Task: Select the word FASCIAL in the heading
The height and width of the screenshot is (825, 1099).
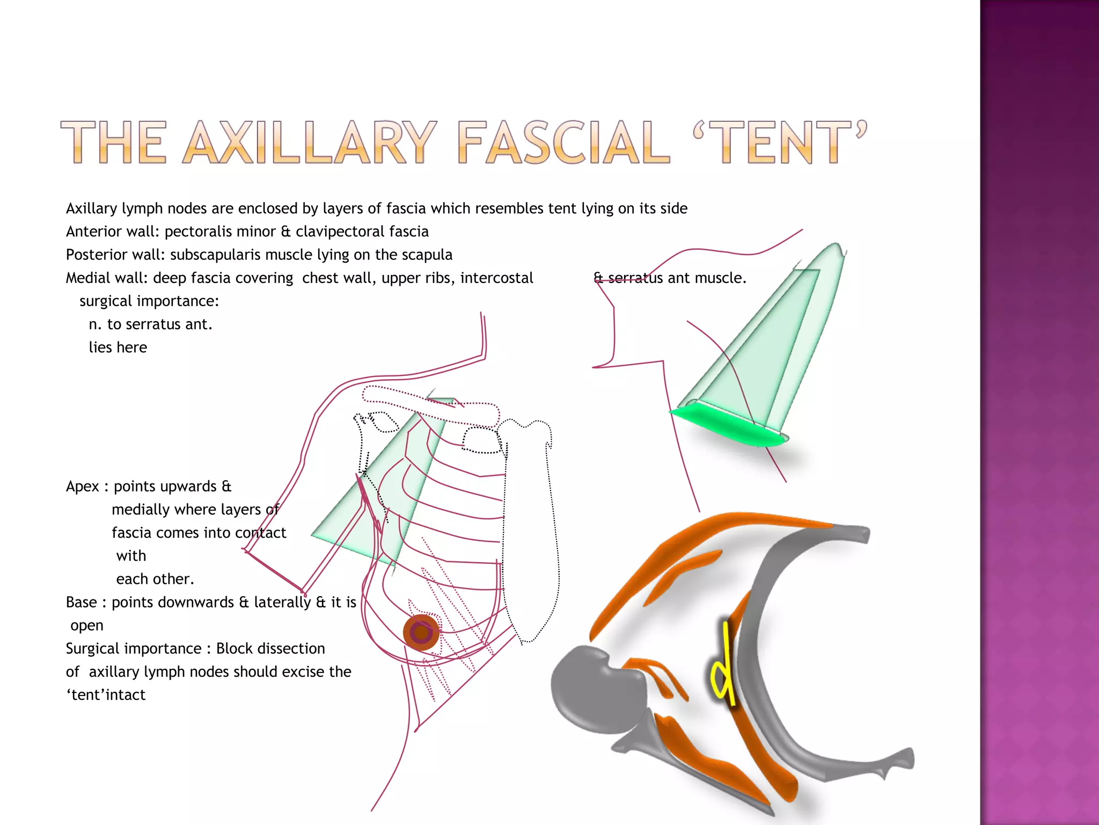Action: pyautogui.click(x=563, y=142)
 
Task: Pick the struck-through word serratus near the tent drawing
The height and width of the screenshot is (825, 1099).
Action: pyautogui.click(x=635, y=278)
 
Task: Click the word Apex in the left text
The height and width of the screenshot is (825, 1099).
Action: pyautogui.click(x=82, y=487)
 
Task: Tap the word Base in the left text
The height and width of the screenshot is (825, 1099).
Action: pyautogui.click(x=82, y=603)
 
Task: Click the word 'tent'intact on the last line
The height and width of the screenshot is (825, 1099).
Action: pyautogui.click(x=106, y=695)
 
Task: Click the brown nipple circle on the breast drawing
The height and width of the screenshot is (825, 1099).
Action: pyautogui.click(x=421, y=632)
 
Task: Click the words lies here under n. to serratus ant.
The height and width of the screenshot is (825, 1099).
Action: pyautogui.click(x=118, y=348)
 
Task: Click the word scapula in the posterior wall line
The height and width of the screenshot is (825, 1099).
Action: pyautogui.click(x=427, y=255)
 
